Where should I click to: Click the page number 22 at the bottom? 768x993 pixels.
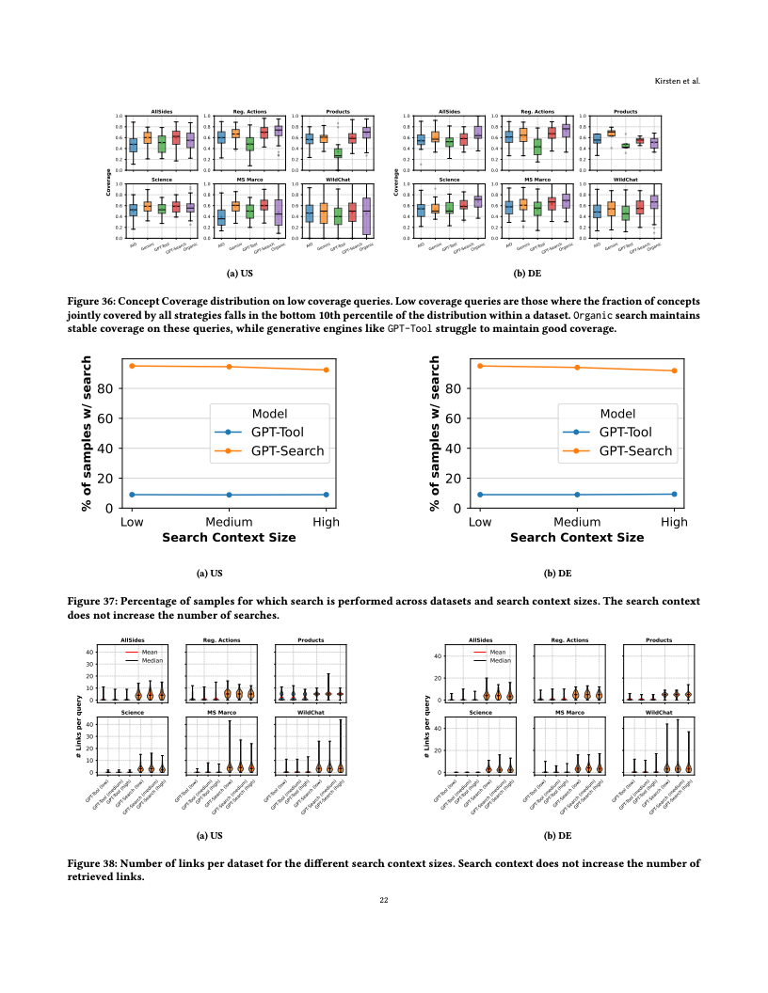pyautogui.click(x=384, y=900)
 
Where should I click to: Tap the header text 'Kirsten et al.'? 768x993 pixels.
pyautogui.click(x=680, y=81)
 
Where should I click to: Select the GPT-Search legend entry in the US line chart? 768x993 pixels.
pyautogui.click(x=287, y=451)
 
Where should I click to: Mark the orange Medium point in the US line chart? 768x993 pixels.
pyautogui.click(x=229, y=367)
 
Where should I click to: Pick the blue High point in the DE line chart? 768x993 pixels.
pyautogui.click(x=674, y=494)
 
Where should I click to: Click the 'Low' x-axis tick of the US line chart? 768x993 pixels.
pyautogui.click(x=132, y=522)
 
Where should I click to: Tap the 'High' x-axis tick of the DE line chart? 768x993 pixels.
pyautogui.click(x=674, y=522)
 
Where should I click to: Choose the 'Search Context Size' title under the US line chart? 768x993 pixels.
pyautogui.click(x=229, y=538)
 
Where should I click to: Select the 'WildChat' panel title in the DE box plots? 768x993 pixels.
pyautogui.click(x=625, y=178)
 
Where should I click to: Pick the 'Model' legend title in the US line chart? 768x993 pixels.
pyautogui.click(x=270, y=414)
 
